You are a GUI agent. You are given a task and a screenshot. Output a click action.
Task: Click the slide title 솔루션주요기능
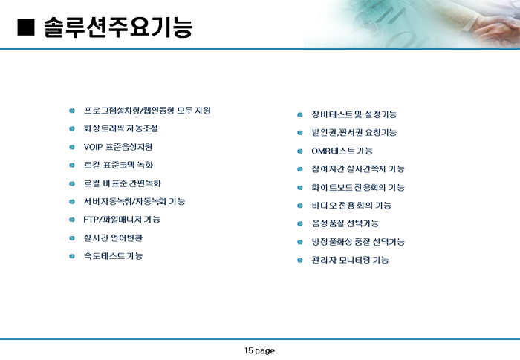coord(118,27)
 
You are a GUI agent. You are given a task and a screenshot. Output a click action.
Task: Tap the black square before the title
coord(26,27)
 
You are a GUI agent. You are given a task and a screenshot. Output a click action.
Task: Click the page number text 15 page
coord(260,350)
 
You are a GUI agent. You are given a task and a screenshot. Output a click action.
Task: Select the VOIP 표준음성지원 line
coord(117,147)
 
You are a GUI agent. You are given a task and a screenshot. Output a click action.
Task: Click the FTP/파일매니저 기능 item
coord(122,220)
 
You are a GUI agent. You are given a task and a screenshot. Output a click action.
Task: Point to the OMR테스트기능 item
coord(342,151)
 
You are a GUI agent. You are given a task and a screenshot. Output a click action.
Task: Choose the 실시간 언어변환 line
coord(113,238)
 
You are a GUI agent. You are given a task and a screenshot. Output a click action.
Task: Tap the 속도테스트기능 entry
coord(113,256)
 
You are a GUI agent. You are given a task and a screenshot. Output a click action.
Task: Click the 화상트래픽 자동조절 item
coord(120,128)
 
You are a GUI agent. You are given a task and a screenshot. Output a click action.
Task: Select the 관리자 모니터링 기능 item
coord(350,260)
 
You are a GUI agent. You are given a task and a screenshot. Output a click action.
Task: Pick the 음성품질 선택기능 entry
coord(345,223)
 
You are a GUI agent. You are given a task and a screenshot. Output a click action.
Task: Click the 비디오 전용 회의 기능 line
coord(351,206)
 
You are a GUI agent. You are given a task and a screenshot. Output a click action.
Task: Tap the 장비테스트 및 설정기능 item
coord(354,115)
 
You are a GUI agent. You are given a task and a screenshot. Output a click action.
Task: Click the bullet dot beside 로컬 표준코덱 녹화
coord(72,165)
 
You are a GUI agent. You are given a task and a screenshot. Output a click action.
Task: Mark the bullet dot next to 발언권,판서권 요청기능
coord(300,133)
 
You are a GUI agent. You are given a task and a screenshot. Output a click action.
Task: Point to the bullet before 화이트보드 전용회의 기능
coord(300,188)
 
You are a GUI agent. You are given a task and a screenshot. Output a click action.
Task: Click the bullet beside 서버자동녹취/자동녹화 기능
coord(72,202)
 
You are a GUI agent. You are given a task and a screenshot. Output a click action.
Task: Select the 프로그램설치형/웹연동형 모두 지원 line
coord(147,111)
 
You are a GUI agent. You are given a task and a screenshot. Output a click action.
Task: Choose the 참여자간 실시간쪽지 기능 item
coord(358,169)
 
